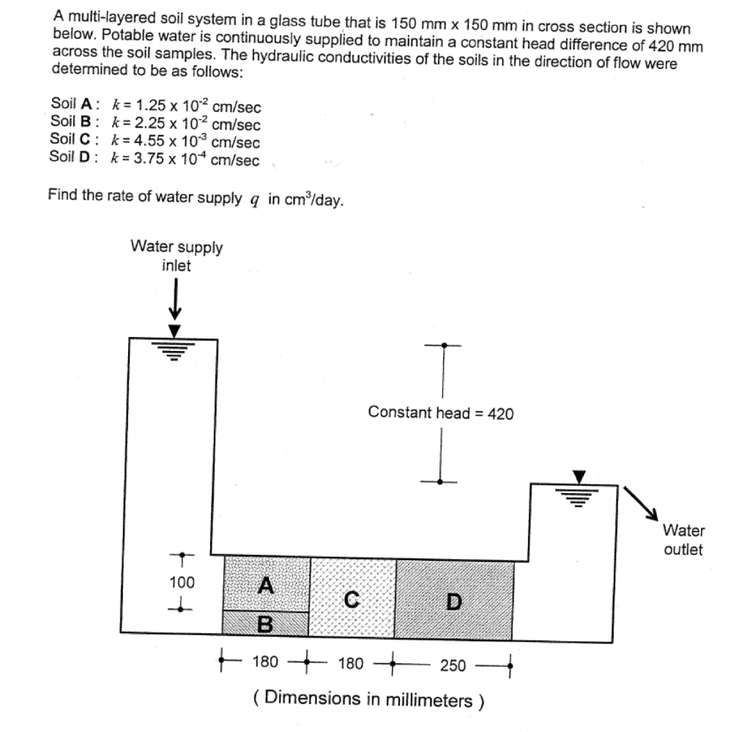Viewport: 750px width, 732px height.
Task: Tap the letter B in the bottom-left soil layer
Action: coord(265,624)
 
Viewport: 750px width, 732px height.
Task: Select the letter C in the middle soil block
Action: coord(352,600)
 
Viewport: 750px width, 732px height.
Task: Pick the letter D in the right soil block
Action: coord(454,602)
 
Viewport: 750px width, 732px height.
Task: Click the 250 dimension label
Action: coord(453,665)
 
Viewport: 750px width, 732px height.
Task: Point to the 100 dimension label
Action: coord(182,583)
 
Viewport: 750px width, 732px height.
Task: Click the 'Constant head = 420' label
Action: coord(441,413)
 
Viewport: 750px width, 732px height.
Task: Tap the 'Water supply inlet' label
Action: coord(177,256)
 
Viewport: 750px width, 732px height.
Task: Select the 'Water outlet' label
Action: coord(683,540)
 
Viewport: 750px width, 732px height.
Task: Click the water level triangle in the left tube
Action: coord(174,332)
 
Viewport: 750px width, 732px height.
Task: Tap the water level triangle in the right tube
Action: coord(580,477)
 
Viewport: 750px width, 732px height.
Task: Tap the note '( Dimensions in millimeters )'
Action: coord(368,698)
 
